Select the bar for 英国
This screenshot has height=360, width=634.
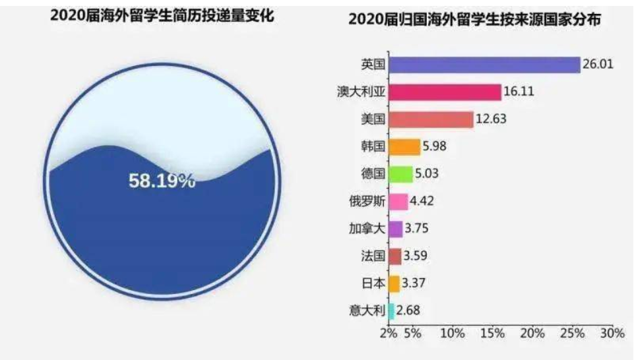point(484,65)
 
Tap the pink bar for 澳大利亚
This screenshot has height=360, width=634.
point(445,92)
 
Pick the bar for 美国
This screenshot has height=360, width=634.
point(431,119)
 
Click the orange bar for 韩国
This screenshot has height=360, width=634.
point(404,146)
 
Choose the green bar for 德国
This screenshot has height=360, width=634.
point(400,174)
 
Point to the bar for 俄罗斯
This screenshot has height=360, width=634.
point(398,202)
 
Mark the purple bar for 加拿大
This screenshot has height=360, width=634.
point(396,229)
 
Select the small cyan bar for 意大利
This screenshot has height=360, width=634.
point(391,311)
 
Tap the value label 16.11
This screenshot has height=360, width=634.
point(520,92)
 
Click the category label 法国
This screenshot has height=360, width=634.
point(369,256)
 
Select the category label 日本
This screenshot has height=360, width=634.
point(369,284)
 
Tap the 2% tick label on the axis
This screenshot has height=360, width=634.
point(389,333)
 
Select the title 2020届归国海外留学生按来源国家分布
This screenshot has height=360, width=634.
point(474,20)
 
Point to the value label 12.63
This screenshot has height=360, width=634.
point(492,119)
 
